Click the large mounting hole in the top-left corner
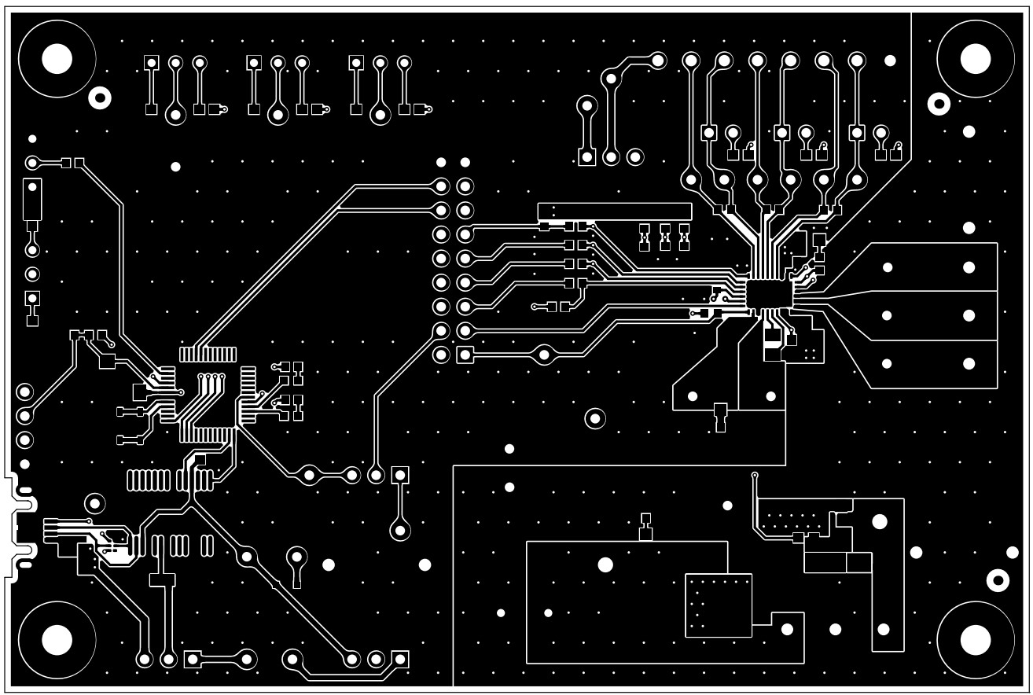[x=57, y=58]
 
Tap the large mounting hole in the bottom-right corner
[x=975, y=639]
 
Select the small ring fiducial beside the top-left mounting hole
[x=100, y=97]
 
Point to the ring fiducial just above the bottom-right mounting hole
[x=998, y=580]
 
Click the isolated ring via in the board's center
[x=595, y=417]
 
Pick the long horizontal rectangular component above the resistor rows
[x=614, y=211]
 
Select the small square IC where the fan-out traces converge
[x=766, y=293]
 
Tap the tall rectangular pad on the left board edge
[x=31, y=200]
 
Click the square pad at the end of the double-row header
[x=465, y=355]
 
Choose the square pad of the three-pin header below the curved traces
[x=586, y=157]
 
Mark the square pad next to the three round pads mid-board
[x=400, y=475]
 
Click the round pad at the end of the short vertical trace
[x=400, y=531]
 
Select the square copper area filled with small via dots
[x=719, y=605]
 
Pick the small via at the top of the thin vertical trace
[x=755, y=476]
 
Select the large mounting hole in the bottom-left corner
[x=57, y=639]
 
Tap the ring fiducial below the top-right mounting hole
[x=938, y=102]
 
